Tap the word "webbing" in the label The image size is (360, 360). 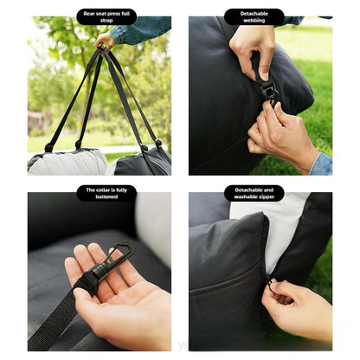click(x=254, y=20)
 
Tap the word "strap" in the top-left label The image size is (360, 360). click(x=106, y=20)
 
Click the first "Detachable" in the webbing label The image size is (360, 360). click(x=254, y=12)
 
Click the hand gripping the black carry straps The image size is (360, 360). click(x=106, y=40)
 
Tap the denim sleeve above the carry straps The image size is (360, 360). click(x=143, y=31)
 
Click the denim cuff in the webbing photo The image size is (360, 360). click(x=322, y=164)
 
